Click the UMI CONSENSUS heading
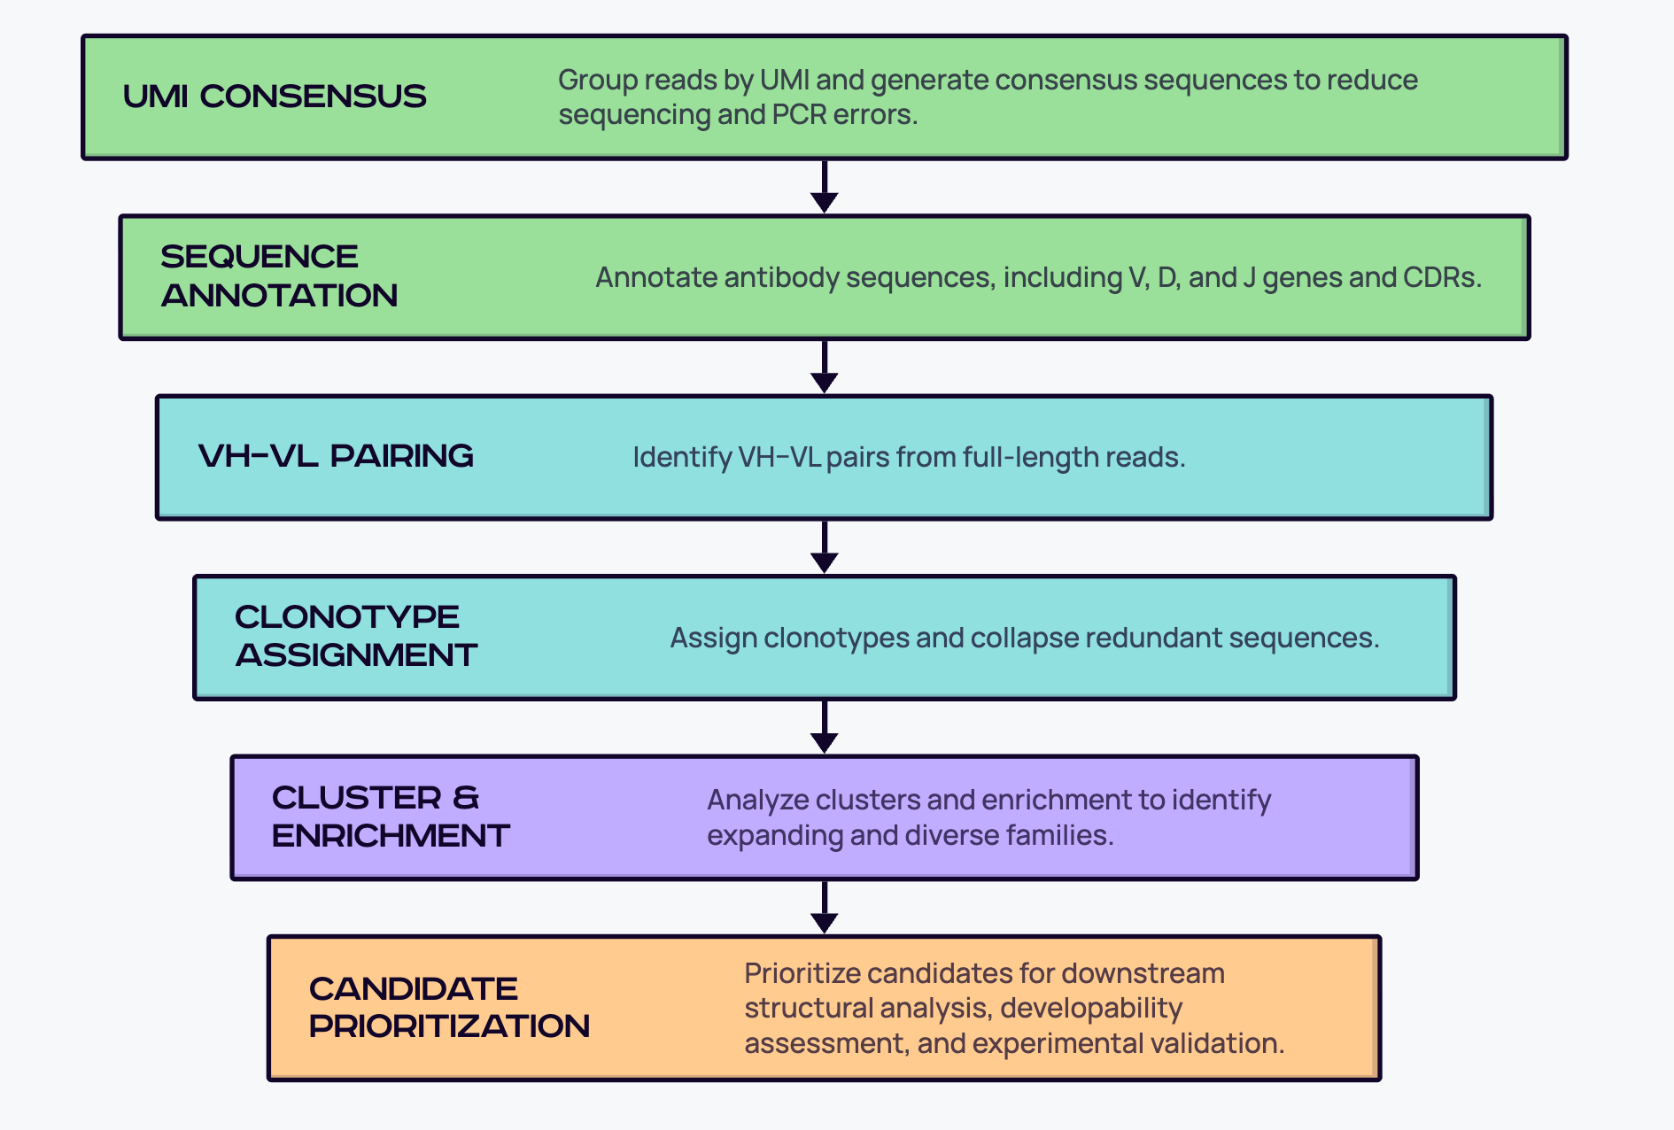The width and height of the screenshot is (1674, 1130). click(275, 97)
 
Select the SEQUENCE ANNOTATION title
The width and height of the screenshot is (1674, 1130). click(279, 275)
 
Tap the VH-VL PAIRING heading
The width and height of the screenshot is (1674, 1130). click(336, 456)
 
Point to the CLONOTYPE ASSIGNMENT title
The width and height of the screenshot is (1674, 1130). click(356, 636)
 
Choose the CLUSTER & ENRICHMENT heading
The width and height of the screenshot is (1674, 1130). click(391, 817)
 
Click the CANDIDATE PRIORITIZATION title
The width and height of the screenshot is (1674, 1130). click(449, 1007)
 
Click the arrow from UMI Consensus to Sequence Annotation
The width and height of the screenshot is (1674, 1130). click(825, 187)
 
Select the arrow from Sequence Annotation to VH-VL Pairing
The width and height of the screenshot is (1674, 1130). click(825, 367)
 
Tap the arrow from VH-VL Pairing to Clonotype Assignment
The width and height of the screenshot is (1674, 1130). click(825, 546)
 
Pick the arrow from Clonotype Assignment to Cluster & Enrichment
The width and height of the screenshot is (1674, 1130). click(825, 727)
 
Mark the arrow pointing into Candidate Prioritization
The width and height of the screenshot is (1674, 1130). click(825, 907)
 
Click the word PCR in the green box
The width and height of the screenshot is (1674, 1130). click(799, 115)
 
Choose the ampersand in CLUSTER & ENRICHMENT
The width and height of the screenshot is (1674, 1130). click(466, 798)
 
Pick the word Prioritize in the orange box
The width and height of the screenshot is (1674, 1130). click(801, 973)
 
